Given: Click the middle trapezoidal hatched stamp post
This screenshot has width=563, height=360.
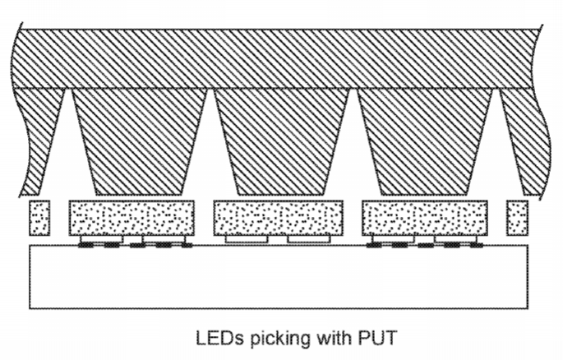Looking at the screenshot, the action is click(281, 141).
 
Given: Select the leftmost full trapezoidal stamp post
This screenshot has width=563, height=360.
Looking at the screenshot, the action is click(140, 141).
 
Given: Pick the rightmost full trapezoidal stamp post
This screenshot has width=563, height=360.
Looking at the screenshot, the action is click(425, 141).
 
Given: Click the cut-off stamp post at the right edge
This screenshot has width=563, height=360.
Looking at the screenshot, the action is click(525, 141).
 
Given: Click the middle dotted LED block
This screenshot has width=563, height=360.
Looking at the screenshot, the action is click(279, 218).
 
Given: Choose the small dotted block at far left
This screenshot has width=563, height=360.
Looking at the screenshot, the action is click(39, 218).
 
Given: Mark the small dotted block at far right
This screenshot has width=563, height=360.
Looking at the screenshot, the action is click(518, 218).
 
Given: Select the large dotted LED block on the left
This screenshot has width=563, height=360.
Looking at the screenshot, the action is click(132, 218).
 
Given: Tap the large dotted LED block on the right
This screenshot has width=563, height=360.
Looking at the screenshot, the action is click(425, 218).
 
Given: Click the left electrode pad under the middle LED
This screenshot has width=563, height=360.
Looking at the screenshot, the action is click(247, 239).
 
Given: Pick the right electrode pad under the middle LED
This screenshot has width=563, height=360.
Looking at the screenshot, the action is click(309, 239).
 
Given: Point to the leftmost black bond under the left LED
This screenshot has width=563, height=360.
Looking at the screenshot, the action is click(85, 245).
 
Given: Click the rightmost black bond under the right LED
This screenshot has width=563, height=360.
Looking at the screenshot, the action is click(477, 245).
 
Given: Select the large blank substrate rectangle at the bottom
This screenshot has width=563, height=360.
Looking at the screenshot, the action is click(279, 277).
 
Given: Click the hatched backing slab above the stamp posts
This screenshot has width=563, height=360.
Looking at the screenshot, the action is click(275, 59).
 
